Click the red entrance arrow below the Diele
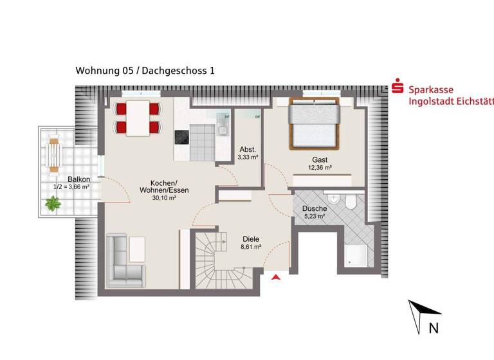[x=277, y=278]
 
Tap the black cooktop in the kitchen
[x=181, y=138]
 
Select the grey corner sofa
[x=125, y=260]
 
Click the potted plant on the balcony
[x=52, y=205]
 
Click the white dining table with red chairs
[x=137, y=118]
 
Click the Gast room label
[x=320, y=159]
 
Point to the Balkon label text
[x=78, y=179]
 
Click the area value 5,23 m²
[x=313, y=217]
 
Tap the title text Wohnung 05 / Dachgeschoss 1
[x=145, y=71]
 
